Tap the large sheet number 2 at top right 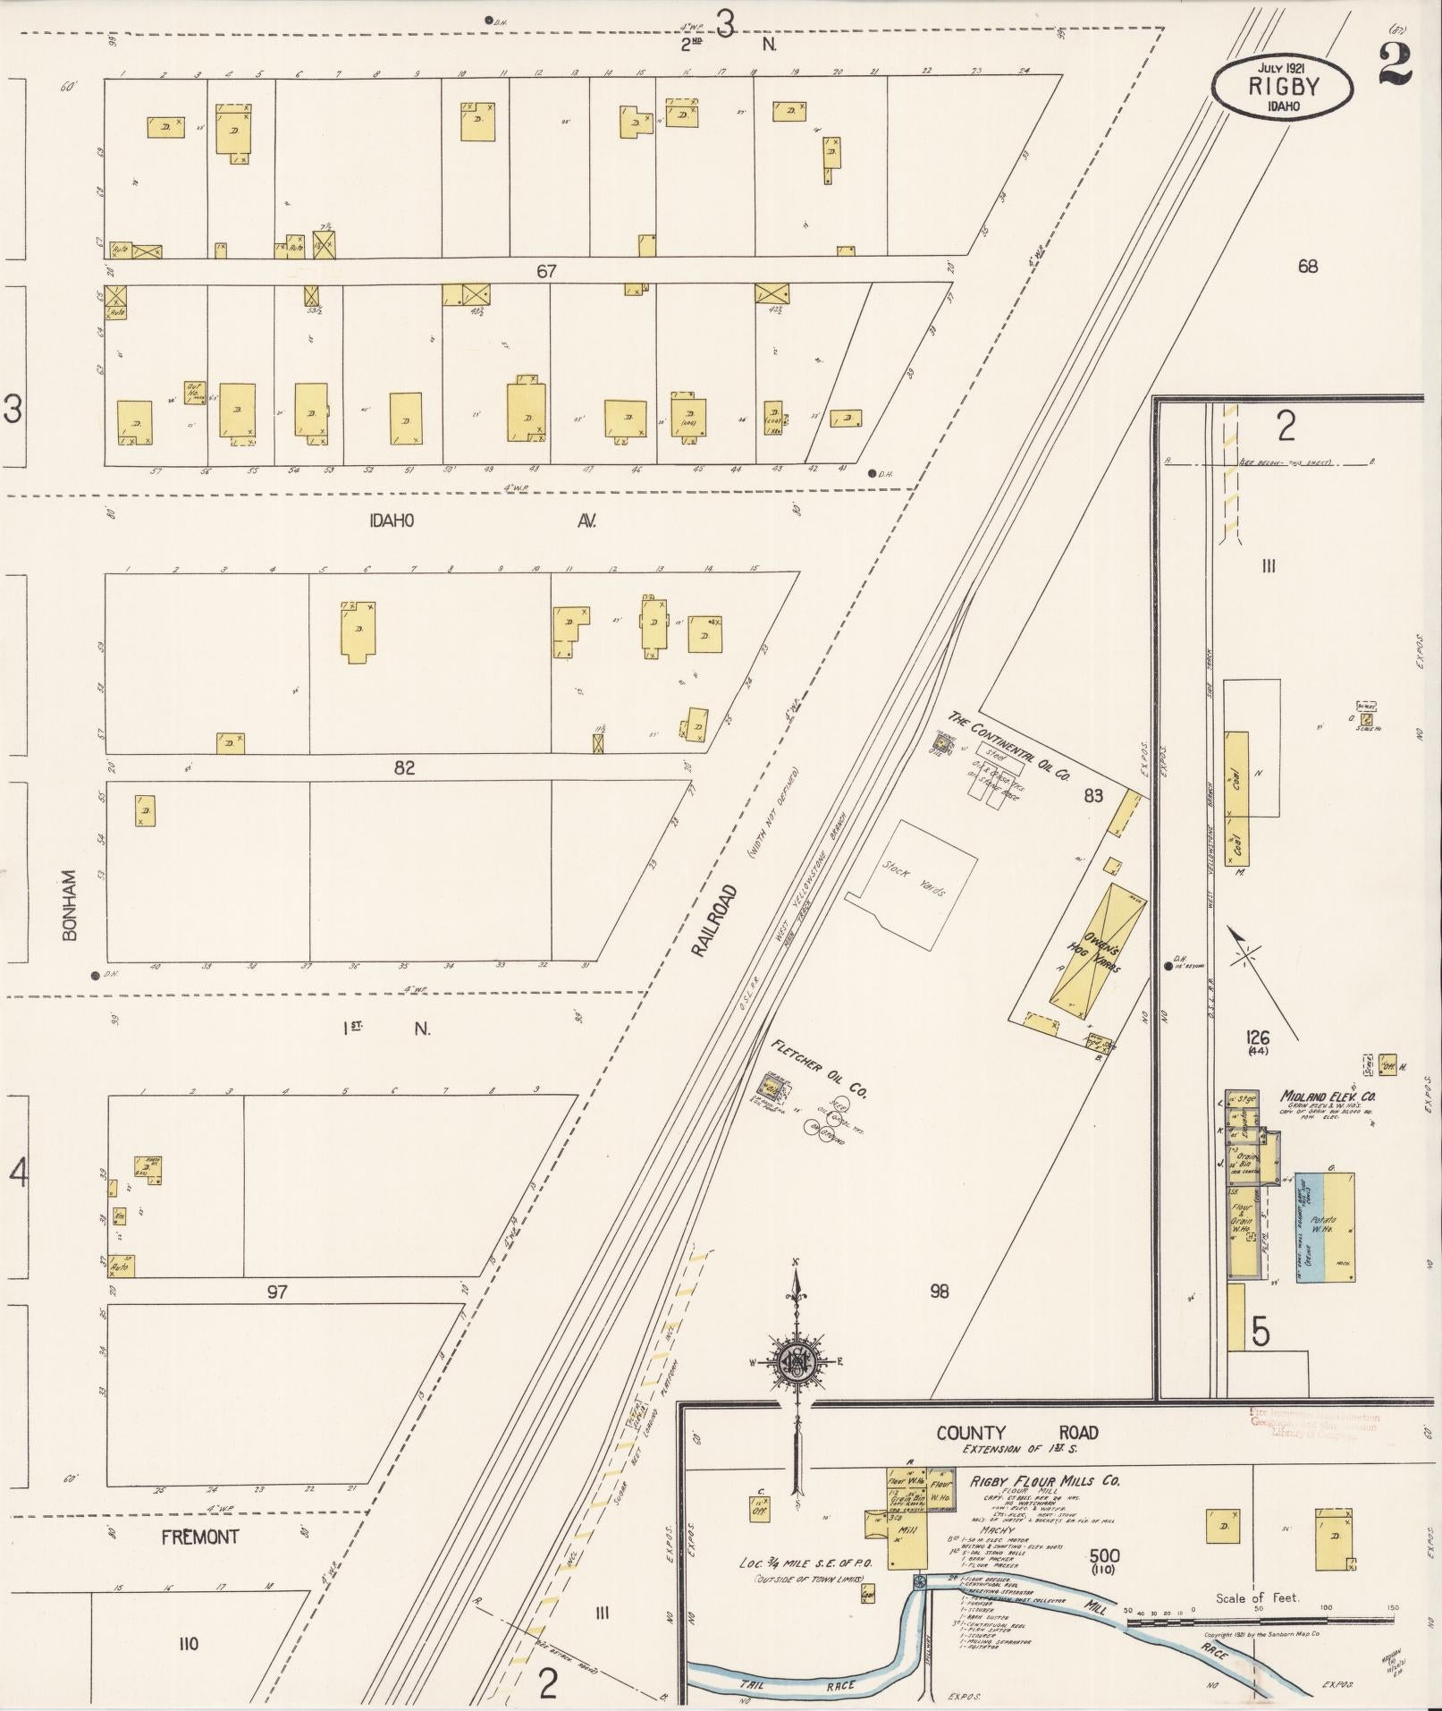(x=1396, y=64)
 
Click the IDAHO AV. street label (x=483, y=521)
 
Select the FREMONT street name (x=200, y=1537)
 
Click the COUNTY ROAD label (x=1016, y=1432)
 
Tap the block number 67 (x=545, y=271)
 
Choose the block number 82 (x=404, y=767)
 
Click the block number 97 (x=277, y=1292)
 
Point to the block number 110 (x=188, y=1643)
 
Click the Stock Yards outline (x=911, y=886)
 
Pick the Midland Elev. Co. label (x=1327, y=1096)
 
